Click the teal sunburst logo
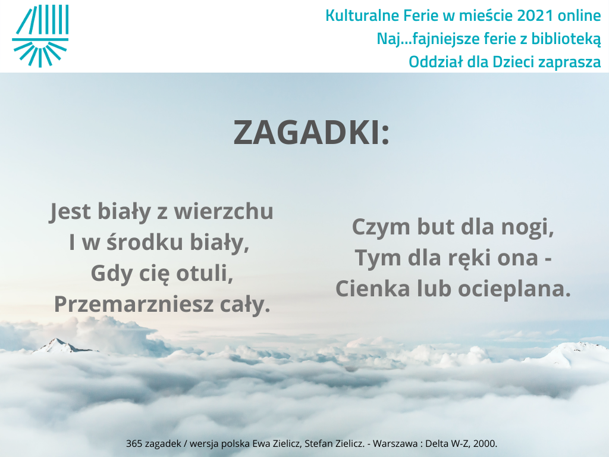[x=40, y=36]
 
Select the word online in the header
[x=579, y=15]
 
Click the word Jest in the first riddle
[x=70, y=212]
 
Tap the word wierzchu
[x=224, y=211]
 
